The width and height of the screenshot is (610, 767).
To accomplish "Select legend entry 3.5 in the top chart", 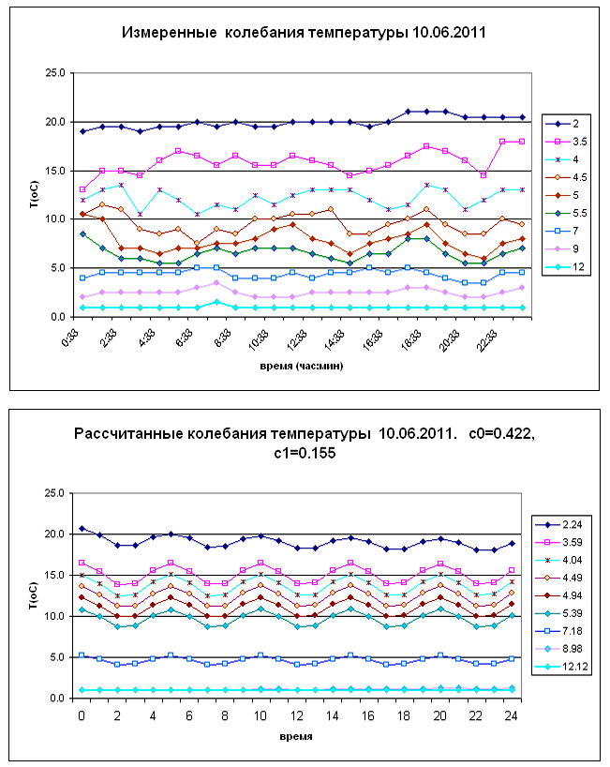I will pos(573,142).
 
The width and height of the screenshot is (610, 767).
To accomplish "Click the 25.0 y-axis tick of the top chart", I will pos(54,73).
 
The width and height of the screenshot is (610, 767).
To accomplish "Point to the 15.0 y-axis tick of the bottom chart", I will pos(54,575).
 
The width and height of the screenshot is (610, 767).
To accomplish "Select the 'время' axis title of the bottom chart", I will pos(298,736).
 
